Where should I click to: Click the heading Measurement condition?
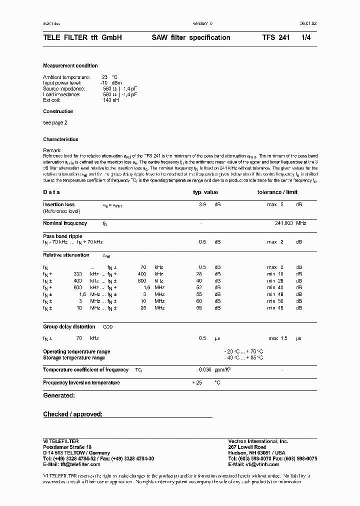point(70,66)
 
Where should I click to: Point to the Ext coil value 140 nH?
point(111,100)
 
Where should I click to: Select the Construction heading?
point(58,111)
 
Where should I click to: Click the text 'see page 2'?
point(55,122)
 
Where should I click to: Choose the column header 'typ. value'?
point(205,192)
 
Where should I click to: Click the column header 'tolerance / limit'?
point(277,192)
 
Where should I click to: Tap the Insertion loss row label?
point(59,204)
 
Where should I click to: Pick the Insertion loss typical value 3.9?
point(202,204)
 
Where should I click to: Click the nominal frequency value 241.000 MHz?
point(290,223)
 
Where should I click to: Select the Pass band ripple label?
point(62,236)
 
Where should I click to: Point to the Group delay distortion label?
point(69,326)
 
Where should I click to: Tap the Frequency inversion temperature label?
point(81,382)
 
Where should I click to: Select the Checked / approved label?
point(72,414)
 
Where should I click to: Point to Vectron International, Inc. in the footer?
point(258,441)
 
